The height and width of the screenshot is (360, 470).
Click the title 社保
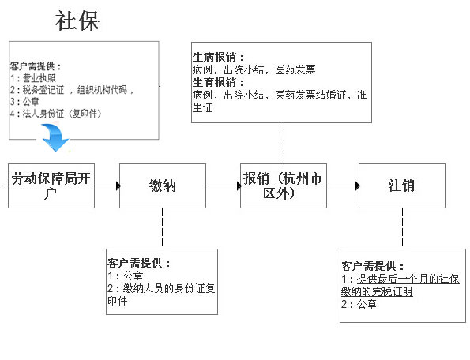(77, 21)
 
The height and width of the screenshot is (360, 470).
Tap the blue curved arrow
(55, 138)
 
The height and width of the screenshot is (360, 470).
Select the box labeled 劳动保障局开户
(51, 186)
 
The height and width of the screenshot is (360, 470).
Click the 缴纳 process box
(163, 186)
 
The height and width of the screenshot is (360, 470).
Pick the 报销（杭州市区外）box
(284, 186)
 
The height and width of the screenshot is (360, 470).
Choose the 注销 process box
(402, 186)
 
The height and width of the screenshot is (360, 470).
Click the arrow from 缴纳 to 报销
(224, 186)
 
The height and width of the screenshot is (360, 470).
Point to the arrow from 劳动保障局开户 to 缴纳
(107, 186)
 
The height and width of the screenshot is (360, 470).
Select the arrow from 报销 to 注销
(343, 186)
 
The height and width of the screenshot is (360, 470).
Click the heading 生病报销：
(219, 57)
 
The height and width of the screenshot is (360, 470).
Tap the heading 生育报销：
(219, 82)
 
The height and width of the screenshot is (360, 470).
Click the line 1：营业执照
(33, 78)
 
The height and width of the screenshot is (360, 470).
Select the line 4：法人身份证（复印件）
(56, 114)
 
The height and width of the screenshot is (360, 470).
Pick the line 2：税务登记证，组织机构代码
(72, 90)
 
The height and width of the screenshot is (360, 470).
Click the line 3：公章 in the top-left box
(24, 102)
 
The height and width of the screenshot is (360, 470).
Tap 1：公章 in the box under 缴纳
(126, 276)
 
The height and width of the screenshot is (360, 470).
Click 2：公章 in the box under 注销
(359, 304)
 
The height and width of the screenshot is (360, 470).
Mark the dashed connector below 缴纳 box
(163, 228)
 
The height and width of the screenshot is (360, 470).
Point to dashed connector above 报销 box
(284, 143)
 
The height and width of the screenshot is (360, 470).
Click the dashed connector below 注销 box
(402, 228)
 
